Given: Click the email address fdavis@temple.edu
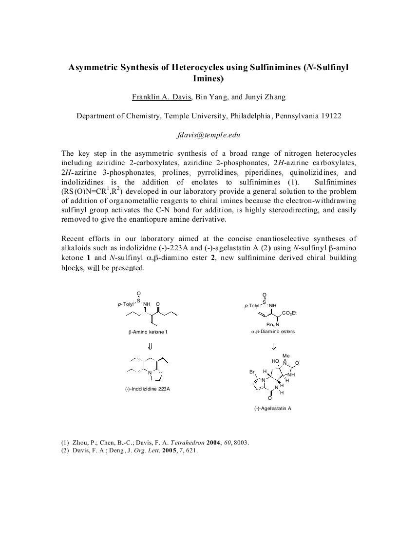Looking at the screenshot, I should coord(209,135).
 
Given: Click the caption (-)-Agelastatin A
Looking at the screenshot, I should coord(272,408).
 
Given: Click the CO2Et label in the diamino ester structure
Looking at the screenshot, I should coord(289,313).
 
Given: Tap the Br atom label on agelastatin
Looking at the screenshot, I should coord(252,372).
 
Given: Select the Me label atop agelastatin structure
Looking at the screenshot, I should coord(286,356).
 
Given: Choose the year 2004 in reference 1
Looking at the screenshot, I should coord(214,443).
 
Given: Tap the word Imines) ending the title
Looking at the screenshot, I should coord(208,78).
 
